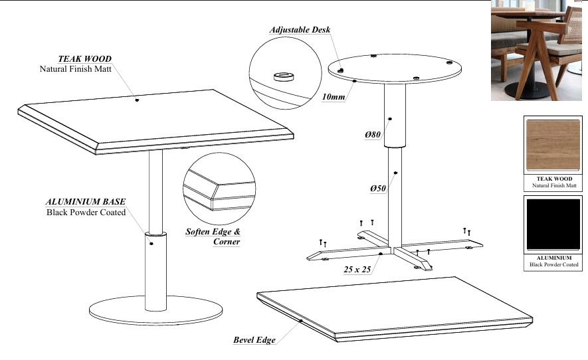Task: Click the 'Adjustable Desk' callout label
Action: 300,30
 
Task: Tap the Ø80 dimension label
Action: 373,134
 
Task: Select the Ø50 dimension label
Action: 378,188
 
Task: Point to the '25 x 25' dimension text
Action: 357,269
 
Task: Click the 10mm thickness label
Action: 334,97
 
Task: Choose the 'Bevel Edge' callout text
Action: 254,340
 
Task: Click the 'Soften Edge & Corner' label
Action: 213,236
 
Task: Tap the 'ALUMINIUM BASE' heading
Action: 86,202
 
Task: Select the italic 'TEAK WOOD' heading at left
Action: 85,59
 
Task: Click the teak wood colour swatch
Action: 553,145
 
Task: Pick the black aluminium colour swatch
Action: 553,225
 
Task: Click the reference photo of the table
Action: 537,50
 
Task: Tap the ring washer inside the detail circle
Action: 284,76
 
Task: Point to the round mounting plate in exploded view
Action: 395,68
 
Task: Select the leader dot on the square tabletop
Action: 137,100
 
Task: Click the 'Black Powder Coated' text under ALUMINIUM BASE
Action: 86,213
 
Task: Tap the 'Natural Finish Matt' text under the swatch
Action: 554,185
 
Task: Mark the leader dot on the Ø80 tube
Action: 390,119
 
